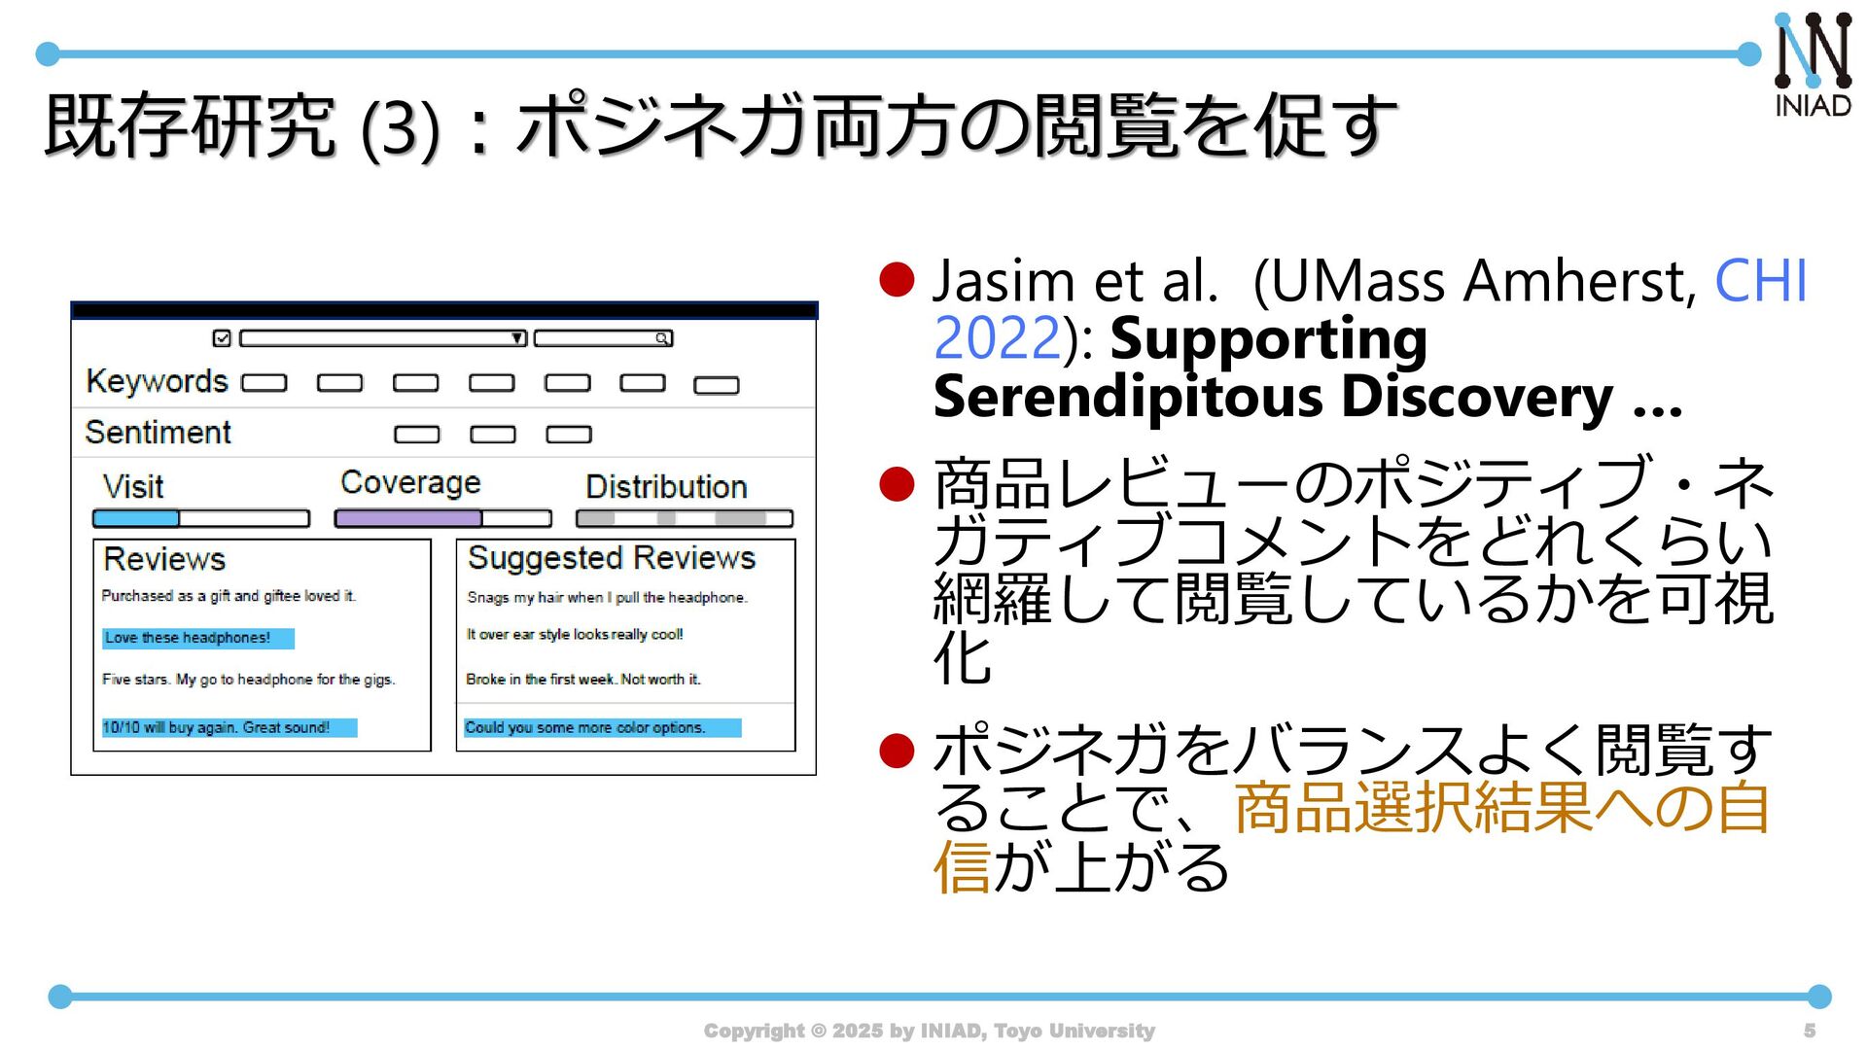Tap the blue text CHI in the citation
[x=1760, y=281]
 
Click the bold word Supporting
[x=1268, y=339]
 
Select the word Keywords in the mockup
[x=157, y=381]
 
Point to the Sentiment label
[x=158, y=432]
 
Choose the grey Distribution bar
[x=684, y=518]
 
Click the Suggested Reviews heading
[x=611, y=558]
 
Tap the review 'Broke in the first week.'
[x=582, y=679]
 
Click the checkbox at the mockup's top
[x=222, y=338]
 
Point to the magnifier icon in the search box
[x=661, y=338]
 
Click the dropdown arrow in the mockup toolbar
[x=518, y=338]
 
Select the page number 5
[x=1809, y=1031]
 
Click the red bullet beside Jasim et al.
[x=897, y=280]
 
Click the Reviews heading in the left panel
[x=163, y=559]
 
